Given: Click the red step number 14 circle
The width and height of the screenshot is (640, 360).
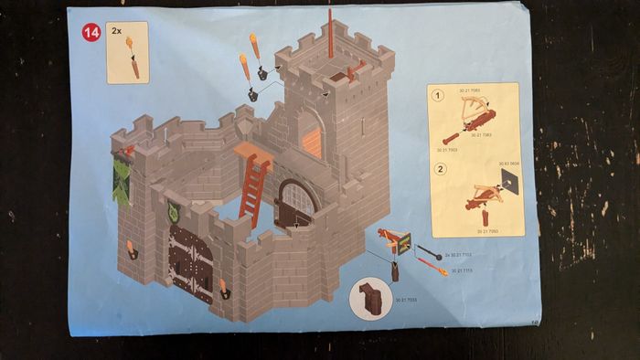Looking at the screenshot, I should coord(91,33).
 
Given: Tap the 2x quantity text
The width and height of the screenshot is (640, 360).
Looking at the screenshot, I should coord(117,30).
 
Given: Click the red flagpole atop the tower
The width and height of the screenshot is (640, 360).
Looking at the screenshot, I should coord(331,32).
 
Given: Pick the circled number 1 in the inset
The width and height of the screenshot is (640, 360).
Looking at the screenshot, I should coord(438,94).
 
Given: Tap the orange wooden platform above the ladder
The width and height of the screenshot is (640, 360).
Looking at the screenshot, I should coord(252,150).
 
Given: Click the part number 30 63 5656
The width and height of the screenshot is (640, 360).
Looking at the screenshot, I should coord(508,164).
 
